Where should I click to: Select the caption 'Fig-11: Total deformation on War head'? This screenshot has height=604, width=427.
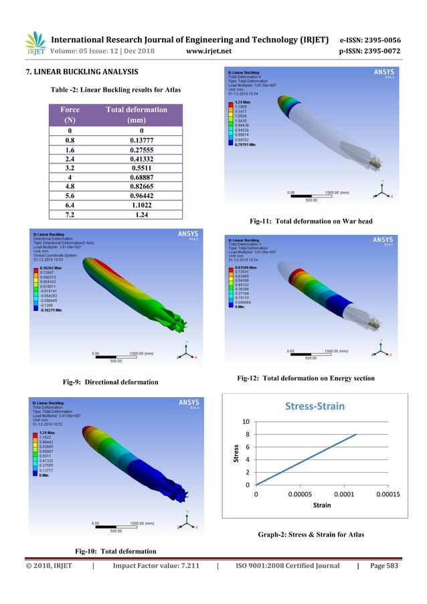pyautogui.click(x=310, y=221)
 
